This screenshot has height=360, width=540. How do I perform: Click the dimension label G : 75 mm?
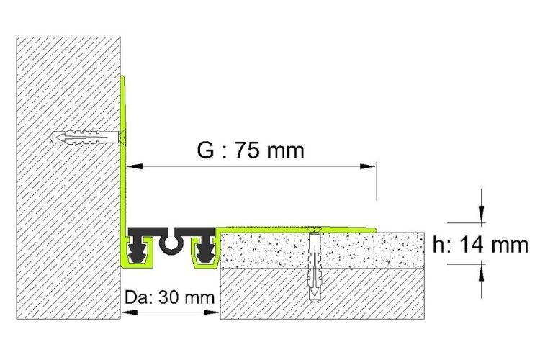[x=251, y=150]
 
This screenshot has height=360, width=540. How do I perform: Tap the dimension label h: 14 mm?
[x=480, y=245]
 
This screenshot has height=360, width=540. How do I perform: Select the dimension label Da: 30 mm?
[x=169, y=297]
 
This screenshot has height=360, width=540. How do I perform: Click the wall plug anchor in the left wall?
[x=86, y=138]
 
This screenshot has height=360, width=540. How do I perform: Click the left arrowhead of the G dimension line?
[x=135, y=167]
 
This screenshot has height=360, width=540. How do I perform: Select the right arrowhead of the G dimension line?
[x=367, y=167]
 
